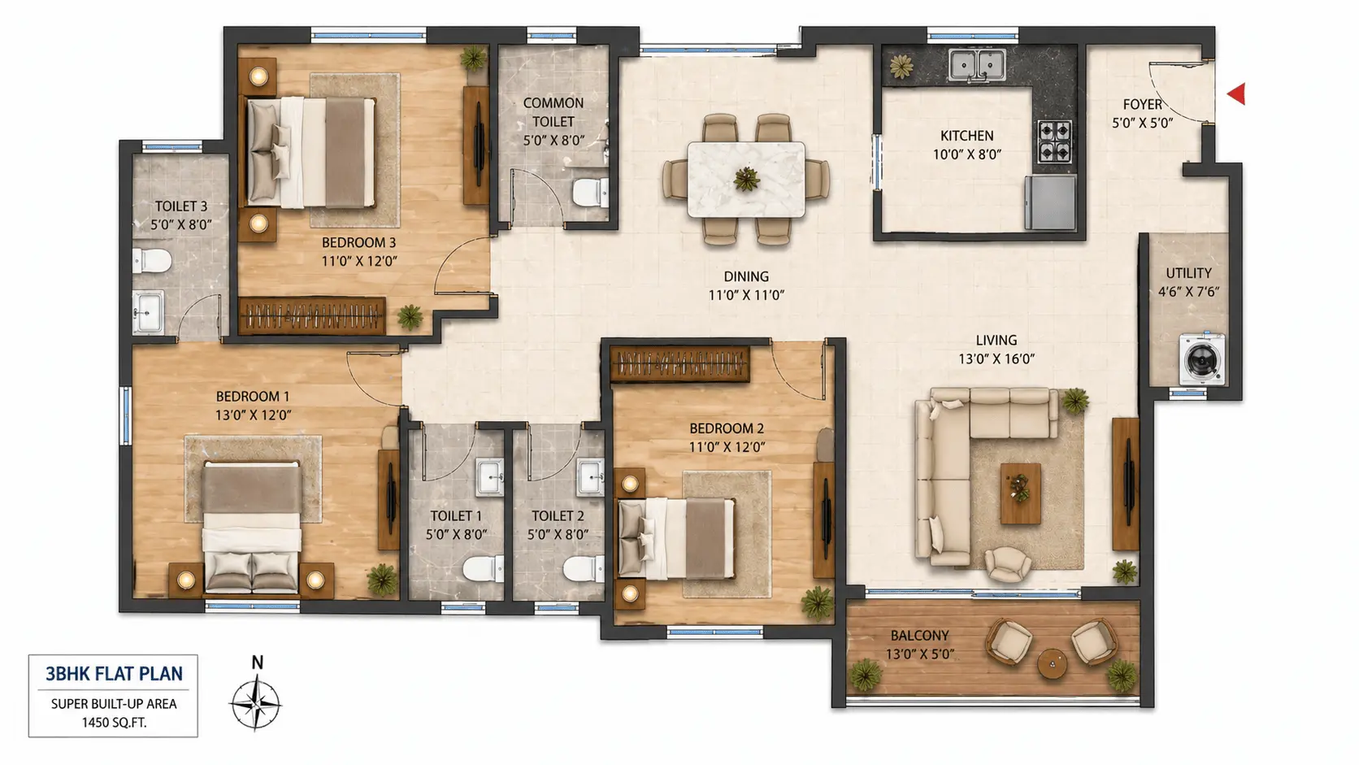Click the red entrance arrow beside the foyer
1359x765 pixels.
pos(1237,93)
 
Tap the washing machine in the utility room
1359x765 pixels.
pos(1202,359)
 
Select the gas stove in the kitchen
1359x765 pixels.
pos(1054,141)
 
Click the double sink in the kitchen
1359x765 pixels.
pos(977,65)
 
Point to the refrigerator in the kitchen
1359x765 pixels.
pos(1050,202)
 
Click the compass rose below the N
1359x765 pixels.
pos(255,704)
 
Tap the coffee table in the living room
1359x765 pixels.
pos(1020,493)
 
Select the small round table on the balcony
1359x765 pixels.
pos(1052,663)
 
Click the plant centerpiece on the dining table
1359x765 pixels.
pos(746,179)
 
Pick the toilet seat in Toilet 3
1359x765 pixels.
pos(151,261)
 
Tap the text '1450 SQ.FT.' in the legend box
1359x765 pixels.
pos(114,723)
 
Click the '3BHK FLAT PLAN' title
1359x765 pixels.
pos(114,674)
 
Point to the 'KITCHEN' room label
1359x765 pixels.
pos(967,136)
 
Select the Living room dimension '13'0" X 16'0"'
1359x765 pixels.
pos(996,359)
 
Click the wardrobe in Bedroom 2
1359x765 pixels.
pos(680,364)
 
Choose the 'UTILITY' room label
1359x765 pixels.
pos(1188,273)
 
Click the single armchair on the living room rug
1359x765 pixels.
pos(1007,564)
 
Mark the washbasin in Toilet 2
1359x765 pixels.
pos(591,477)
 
